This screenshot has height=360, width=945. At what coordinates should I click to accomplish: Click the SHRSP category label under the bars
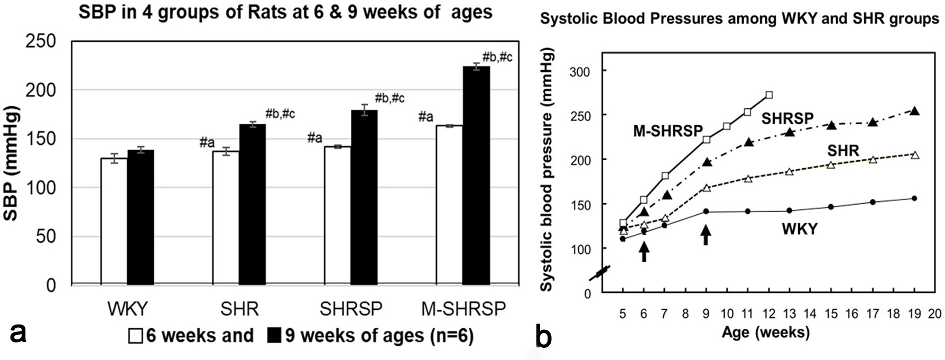pyautogui.click(x=351, y=309)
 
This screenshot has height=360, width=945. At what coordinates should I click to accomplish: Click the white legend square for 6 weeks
pyautogui.click(x=136, y=336)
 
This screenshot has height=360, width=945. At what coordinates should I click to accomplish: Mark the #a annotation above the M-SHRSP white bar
pyautogui.click(x=425, y=117)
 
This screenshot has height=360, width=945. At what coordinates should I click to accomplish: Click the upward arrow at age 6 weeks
pyautogui.click(x=643, y=251)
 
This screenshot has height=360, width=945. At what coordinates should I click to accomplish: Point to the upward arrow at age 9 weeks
pyautogui.click(x=706, y=234)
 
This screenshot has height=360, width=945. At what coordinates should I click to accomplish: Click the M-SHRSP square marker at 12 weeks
pyautogui.click(x=769, y=95)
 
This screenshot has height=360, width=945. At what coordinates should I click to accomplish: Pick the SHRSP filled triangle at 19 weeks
pyautogui.click(x=915, y=111)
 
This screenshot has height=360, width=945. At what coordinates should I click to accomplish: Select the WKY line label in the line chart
pyautogui.click(x=800, y=229)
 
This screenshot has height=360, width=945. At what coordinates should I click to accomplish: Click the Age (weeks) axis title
pyautogui.click(x=766, y=333)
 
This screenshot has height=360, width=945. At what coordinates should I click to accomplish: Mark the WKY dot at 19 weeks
pyautogui.click(x=915, y=198)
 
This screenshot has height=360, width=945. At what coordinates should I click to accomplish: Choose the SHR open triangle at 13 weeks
pyautogui.click(x=790, y=172)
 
